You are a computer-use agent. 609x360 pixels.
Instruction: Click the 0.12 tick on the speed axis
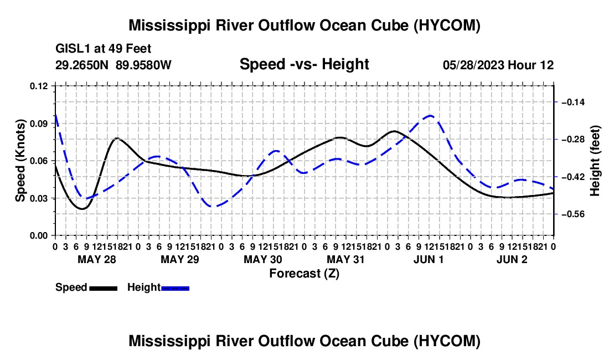(39, 86)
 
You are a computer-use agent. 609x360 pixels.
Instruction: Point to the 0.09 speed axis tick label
(39, 124)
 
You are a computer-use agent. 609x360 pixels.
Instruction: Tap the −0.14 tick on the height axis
(573, 102)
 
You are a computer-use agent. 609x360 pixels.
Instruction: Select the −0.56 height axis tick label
(573, 214)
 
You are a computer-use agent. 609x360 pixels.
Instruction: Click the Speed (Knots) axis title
(20, 161)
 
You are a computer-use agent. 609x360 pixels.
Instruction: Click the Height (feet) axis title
(595, 161)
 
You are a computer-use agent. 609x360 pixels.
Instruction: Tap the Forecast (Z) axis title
(304, 274)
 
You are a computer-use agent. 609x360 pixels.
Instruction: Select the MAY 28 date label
(97, 259)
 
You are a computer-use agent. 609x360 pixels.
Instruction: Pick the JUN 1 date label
(429, 259)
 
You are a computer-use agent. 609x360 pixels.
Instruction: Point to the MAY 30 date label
(263, 259)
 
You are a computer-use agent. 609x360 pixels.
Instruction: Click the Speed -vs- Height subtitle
(304, 64)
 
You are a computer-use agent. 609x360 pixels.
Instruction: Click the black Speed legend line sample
(104, 288)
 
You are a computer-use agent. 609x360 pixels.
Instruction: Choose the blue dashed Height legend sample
(175, 288)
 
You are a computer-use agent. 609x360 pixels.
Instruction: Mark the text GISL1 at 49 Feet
(104, 49)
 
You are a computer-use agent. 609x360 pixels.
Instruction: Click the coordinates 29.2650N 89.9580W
(113, 65)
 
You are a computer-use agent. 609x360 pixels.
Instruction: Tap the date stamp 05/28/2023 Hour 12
(498, 65)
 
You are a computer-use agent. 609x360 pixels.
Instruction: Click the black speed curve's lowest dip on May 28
(82, 209)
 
